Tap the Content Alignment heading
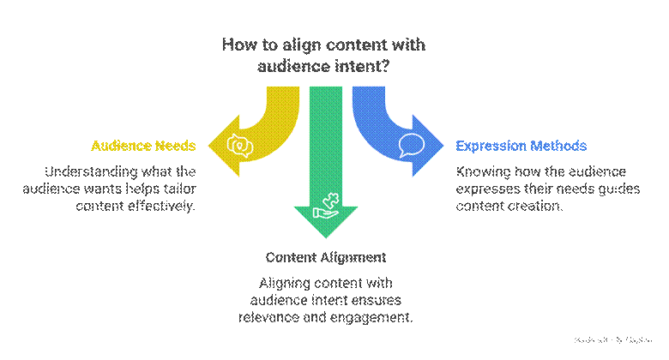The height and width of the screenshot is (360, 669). pyautogui.click(x=326, y=257)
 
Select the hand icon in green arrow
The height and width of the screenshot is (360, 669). pyautogui.click(x=326, y=206)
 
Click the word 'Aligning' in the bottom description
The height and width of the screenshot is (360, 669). pyautogui.click(x=286, y=283)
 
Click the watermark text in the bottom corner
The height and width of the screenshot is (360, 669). pyautogui.click(x=614, y=339)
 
